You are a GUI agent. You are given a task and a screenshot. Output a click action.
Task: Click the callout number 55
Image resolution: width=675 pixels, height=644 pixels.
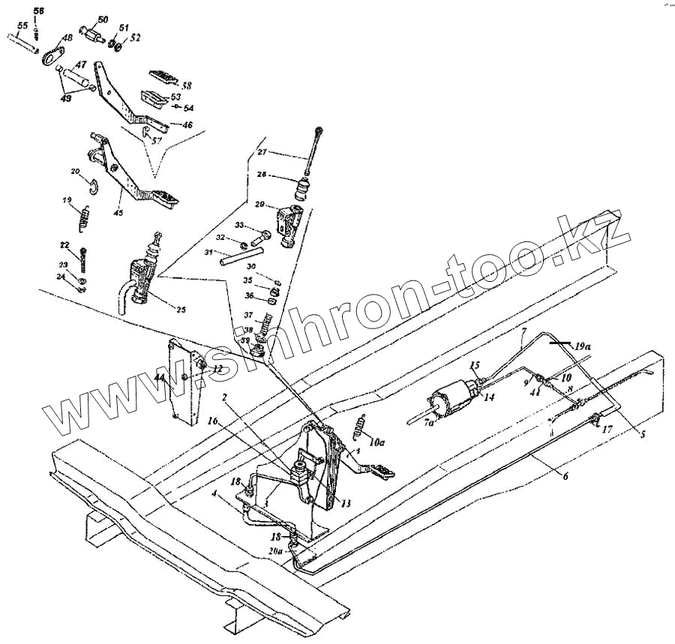[22, 25]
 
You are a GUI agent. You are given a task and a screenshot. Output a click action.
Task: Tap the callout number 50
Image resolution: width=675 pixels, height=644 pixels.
[103, 19]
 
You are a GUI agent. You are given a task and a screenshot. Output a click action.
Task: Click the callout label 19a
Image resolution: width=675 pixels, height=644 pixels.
[582, 347]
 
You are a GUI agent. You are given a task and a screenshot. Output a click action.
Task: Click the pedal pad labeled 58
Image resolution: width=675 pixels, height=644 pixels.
[161, 76]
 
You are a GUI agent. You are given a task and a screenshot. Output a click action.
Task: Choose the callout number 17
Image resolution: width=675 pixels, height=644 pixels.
[607, 430]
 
